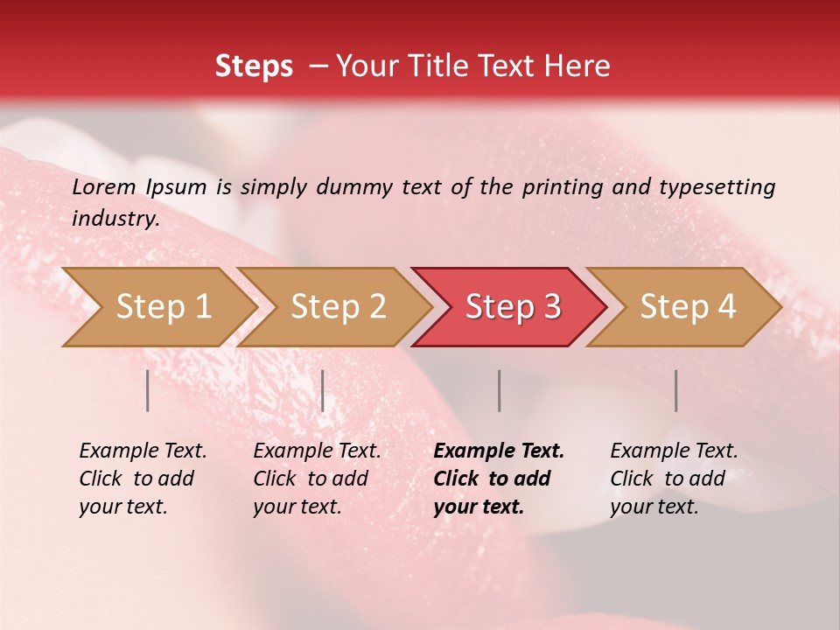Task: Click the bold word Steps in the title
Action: [x=254, y=66]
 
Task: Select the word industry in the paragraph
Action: [x=115, y=218]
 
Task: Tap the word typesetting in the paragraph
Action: [x=717, y=186]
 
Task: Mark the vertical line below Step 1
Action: [x=148, y=390]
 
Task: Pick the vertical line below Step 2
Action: [x=323, y=390]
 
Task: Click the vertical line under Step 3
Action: [x=500, y=390]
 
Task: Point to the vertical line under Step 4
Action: [x=676, y=390]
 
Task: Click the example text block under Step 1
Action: [x=143, y=479]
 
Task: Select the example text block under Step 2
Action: [x=317, y=479]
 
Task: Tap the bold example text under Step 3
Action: [x=499, y=479]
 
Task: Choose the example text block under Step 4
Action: [x=674, y=479]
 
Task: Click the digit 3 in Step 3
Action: [x=551, y=307]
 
